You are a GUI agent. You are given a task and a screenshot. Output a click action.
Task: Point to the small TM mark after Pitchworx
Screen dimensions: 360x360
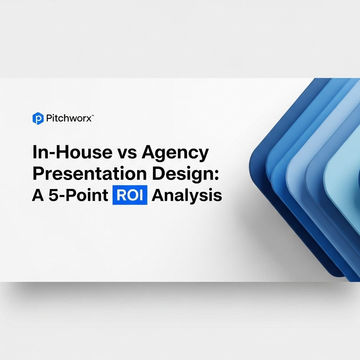pyautogui.click(x=93, y=116)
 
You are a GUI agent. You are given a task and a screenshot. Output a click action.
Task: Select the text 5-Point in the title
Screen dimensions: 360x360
pyautogui.click(x=78, y=195)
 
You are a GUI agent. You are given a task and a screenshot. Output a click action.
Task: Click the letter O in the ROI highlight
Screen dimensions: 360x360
pyautogui.click(x=129, y=195)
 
